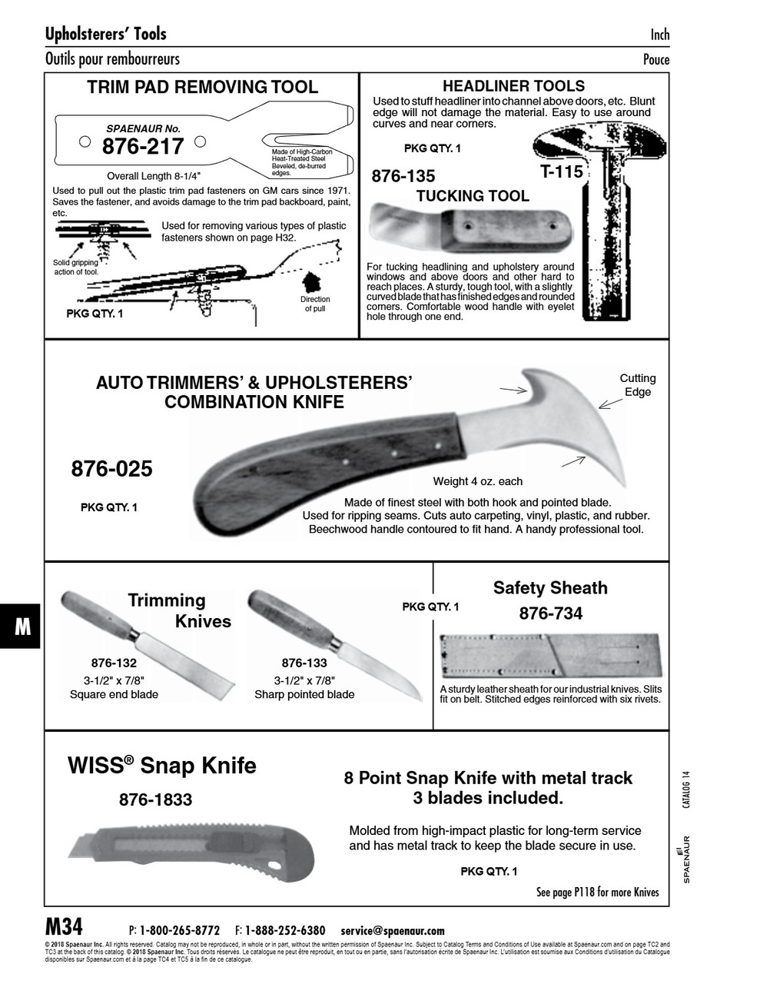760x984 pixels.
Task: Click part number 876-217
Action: [x=142, y=146]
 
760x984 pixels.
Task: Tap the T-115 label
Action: [x=562, y=171]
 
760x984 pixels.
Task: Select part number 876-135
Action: [x=403, y=176]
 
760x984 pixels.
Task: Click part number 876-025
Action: [x=111, y=468]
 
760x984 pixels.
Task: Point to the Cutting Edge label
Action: [x=637, y=384]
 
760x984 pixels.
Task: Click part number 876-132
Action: [x=114, y=663]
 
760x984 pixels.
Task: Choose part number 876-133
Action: [x=304, y=663]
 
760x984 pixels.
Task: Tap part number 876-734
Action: [x=550, y=613]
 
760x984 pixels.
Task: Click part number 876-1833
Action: [x=155, y=799]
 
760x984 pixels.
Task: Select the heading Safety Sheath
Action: [x=550, y=588]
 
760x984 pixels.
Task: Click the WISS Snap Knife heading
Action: [x=162, y=766]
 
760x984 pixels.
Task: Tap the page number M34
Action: [x=65, y=926]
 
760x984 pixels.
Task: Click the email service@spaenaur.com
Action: [x=393, y=930]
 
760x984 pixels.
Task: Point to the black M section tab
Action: [x=21, y=627]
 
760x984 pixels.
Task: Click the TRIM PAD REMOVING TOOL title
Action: [x=202, y=87]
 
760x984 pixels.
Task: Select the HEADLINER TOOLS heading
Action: [x=513, y=86]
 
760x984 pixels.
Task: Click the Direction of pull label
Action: [x=315, y=304]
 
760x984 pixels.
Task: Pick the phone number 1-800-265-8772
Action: [x=179, y=930]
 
